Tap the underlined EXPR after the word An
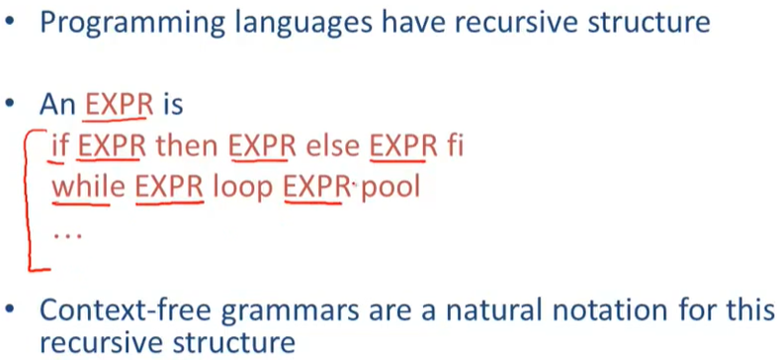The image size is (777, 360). (x=118, y=106)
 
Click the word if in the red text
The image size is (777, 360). (x=58, y=146)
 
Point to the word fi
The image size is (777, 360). (x=454, y=146)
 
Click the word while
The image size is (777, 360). (x=81, y=188)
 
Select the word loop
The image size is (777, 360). (x=243, y=190)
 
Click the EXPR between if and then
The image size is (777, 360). (x=110, y=146)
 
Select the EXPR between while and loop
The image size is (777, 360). (x=169, y=188)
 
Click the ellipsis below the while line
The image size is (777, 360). (x=67, y=236)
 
